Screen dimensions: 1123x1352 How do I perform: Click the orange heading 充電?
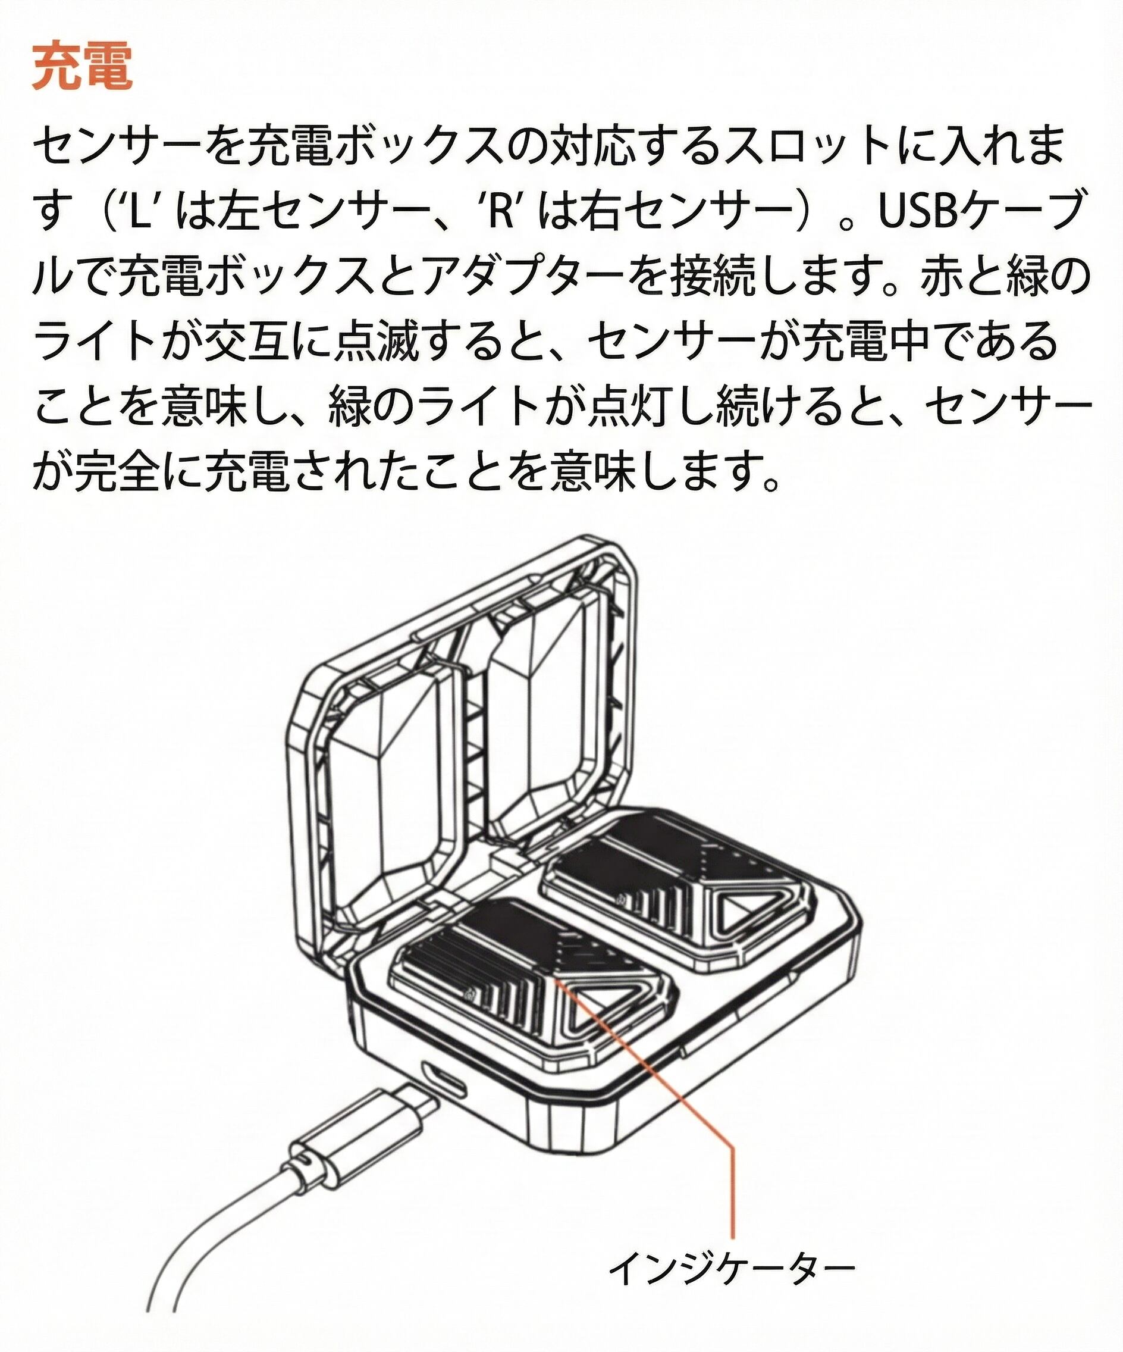click(x=82, y=68)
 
